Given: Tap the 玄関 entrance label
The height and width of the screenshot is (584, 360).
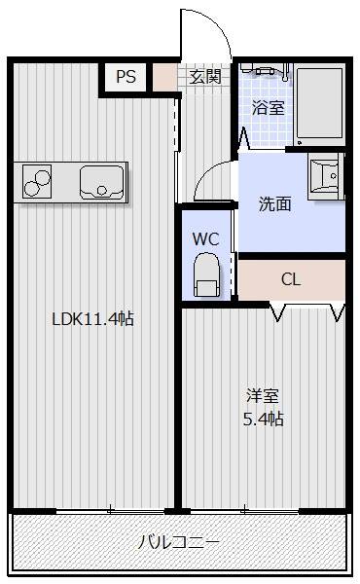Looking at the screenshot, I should click(205, 77).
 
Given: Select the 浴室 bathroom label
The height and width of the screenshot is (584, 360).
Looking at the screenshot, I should click(269, 107).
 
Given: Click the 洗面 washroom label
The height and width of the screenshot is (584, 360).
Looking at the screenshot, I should click(274, 204).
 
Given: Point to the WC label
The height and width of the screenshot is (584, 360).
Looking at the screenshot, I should click(205, 238).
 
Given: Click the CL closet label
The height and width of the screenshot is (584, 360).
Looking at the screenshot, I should click(291, 279).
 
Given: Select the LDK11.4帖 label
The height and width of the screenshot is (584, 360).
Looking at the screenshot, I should click(92, 318).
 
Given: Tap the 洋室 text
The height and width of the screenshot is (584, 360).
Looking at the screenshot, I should click(263, 396).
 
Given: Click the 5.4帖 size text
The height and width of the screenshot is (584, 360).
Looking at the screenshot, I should click(263, 420).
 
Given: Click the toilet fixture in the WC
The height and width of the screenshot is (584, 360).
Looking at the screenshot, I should click(205, 275).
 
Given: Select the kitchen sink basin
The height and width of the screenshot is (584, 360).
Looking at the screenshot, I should click(102, 181).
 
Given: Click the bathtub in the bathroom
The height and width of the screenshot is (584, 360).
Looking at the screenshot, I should click(319, 102).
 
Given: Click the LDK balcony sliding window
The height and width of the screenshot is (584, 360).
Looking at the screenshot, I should click(109, 509).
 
